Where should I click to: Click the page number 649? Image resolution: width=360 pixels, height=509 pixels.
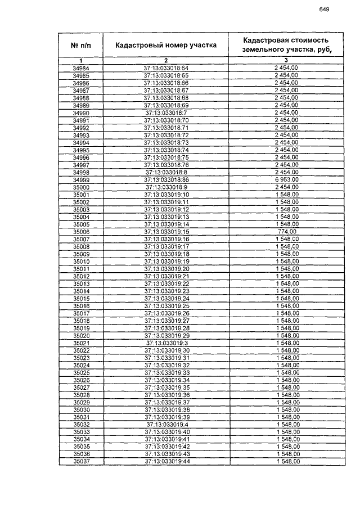click(x=323, y=9)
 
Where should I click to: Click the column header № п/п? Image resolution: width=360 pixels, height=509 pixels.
click(x=81, y=45)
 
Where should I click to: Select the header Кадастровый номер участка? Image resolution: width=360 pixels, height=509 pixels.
click(x=166, y=45)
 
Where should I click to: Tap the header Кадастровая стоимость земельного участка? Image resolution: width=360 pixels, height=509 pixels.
click(x=286, y=45)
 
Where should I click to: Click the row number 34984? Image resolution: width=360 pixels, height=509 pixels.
click(x=81, y=68)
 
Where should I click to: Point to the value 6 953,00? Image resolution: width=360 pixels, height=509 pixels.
click(x=286, y=179)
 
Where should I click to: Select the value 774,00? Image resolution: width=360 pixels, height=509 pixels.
click(x=286, y=232)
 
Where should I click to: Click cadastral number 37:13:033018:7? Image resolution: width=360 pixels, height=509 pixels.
click(x=166, y=112)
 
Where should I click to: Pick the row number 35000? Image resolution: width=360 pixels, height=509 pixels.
click(x=81, y=187)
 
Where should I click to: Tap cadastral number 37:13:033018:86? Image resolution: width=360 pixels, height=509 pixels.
click(x=166, y=179)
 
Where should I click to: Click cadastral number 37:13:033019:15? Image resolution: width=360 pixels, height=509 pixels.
click(x=166, y=232)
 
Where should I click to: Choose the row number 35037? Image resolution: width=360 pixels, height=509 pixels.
click(x=81, y=462)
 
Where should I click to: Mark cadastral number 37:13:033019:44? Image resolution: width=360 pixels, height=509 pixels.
click(x=166, y=462)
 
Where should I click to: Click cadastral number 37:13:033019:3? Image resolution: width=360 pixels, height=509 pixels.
click(x=166, y=343)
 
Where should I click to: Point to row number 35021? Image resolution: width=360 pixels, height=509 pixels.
click(x=81, y=343)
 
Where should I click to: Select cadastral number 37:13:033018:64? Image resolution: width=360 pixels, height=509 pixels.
click(x=166, y=68)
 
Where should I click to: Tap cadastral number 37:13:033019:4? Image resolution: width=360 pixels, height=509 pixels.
click(x=166, y=425)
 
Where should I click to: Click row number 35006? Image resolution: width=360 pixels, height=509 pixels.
click(x=81, y=232)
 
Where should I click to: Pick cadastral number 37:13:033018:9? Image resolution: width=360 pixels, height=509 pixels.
click(x=166, y=187)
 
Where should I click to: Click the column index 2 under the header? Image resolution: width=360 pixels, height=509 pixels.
click(x=166, y=60)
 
